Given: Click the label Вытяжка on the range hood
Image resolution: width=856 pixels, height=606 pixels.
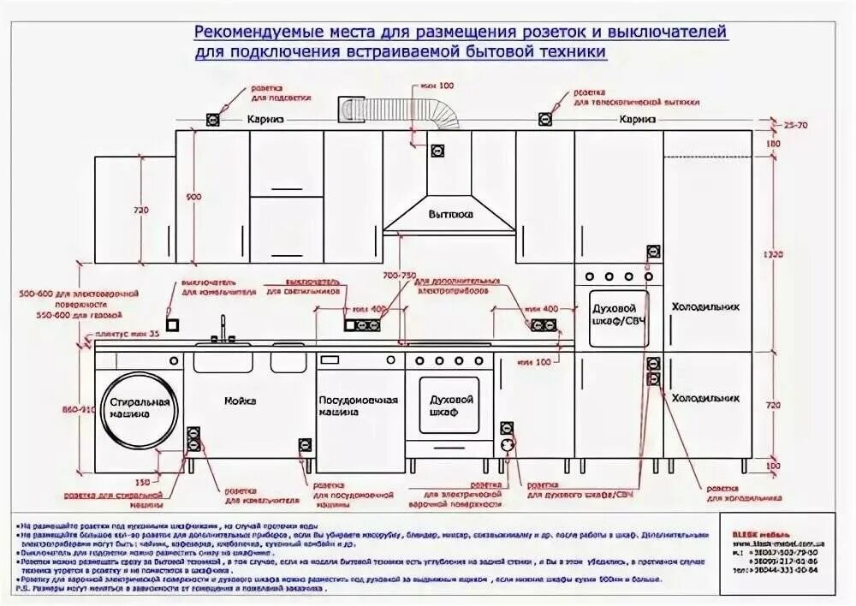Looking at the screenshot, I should (450, 215).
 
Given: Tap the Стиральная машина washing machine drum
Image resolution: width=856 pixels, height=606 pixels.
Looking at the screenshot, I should (140, 407).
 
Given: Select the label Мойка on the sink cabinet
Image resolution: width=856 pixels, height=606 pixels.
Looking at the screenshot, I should (241, 401).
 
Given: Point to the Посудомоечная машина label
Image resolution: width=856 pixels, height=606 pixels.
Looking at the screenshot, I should (359, 407).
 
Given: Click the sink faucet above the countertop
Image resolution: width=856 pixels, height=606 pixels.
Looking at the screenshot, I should (223, 330).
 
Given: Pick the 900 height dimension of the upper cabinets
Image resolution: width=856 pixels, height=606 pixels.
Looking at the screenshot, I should (193, 198).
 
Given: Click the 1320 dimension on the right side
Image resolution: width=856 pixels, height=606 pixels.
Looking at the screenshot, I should (773, 254).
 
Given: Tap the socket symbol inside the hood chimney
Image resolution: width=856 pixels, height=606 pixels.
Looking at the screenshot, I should (438, 151).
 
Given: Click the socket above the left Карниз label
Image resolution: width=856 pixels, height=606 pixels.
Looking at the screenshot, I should (211, 119).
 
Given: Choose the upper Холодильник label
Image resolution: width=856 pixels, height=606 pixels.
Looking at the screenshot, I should (704, 306).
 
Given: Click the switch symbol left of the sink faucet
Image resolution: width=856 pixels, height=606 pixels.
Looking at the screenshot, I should (172, 325).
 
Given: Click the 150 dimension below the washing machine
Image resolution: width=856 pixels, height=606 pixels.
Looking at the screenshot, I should (142, 482).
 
